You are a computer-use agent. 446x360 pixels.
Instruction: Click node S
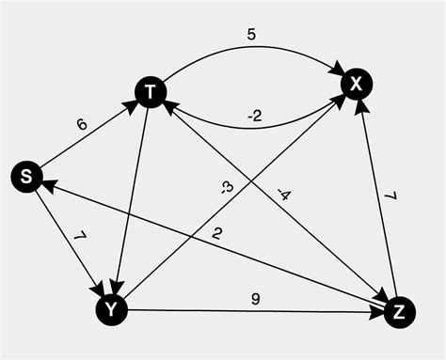pyautogui.click(x=26, y=176)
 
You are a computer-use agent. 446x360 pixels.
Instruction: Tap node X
pyautogui.click(x=356, y=85)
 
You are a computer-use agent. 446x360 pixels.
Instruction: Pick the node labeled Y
pyautogui.click(x=112, y=307)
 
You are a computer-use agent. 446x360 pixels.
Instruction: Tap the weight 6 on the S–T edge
pyautogui.click(x=81, y=123)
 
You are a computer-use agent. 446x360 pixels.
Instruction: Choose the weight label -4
pyautogui.click(x=282, y=196)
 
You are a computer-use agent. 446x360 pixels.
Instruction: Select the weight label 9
pyautogui.click(x=255, y=300)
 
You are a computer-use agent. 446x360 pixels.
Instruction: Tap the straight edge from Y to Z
pyautogui.click(x=254, y=311)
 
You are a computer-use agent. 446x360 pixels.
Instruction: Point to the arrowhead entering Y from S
pyautogui.click(x=99, y=288)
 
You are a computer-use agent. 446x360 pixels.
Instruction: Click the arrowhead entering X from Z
pyautogui.click(x=361, y=105)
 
